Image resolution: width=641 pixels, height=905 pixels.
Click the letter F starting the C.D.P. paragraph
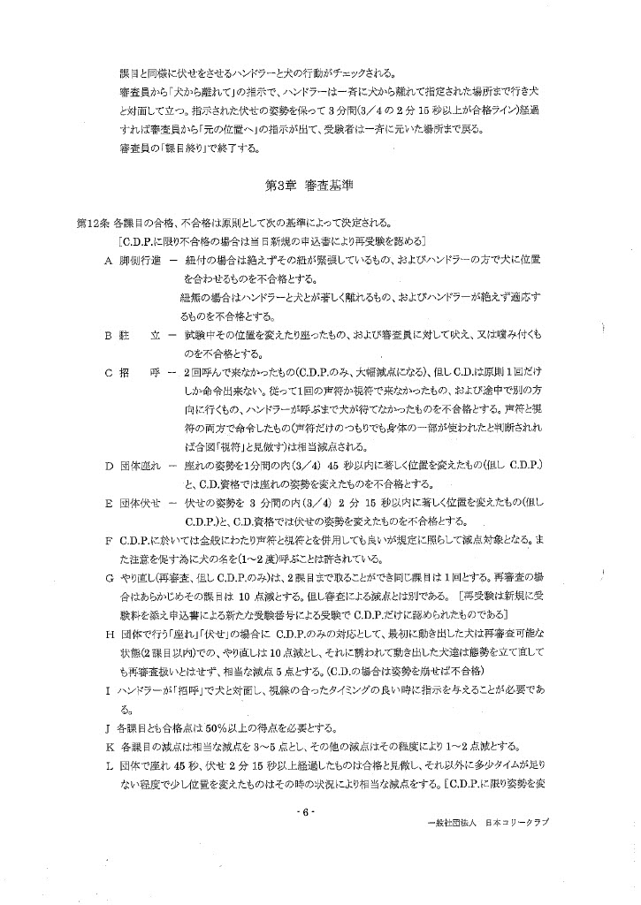[108, 540]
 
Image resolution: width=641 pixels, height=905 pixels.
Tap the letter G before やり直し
[108, 577]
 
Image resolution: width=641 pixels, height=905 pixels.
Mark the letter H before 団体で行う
[108, 635]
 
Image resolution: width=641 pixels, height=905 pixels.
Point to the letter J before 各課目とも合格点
[108, 728]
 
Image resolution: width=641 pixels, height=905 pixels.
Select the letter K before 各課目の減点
[108, 747]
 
